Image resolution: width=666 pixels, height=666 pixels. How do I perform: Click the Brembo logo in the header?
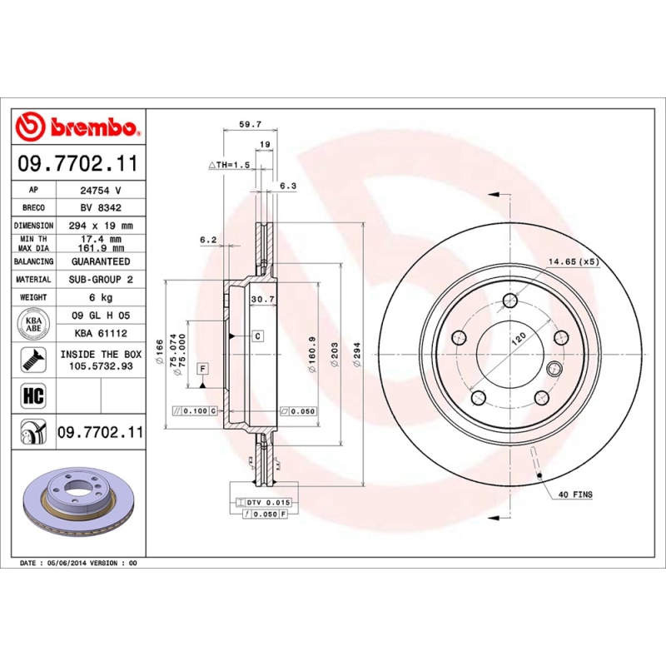coord(78,127)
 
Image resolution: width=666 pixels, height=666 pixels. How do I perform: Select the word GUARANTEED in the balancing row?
coord(101,261)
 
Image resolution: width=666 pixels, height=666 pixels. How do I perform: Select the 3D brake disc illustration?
coord(78,500)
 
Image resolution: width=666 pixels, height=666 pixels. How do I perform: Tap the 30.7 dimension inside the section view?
coord(263,299)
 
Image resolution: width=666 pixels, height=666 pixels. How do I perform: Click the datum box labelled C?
coord(257,336)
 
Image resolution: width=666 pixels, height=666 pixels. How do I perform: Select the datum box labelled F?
coord(202,369)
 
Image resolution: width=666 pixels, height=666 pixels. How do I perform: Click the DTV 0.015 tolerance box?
coord(265,503)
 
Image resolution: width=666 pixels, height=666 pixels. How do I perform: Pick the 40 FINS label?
coord(575,495)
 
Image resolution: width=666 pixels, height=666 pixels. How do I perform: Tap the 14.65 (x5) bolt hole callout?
coord(572,262)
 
